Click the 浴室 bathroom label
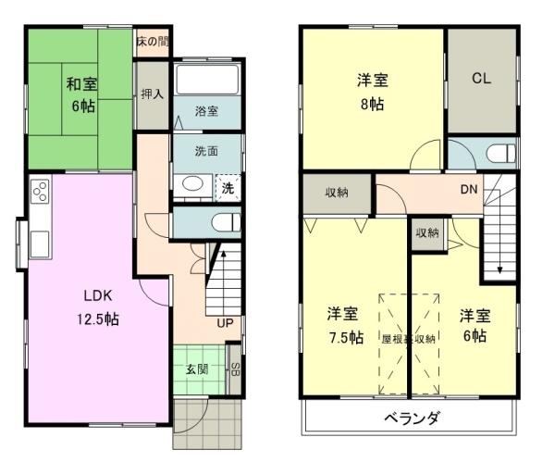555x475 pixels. coord(206,111)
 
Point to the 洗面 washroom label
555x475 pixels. coord(206,152)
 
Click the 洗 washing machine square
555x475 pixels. coord(228,187)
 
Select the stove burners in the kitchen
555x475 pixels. coord(41,193)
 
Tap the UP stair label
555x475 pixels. coord(225,323)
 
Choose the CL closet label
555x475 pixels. coord(481,79)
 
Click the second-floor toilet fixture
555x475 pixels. coord(498,154)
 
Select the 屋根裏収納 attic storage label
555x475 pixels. coord(408,338)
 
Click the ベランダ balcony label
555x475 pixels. coord(412,418)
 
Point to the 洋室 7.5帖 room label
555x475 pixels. coord(344,324)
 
